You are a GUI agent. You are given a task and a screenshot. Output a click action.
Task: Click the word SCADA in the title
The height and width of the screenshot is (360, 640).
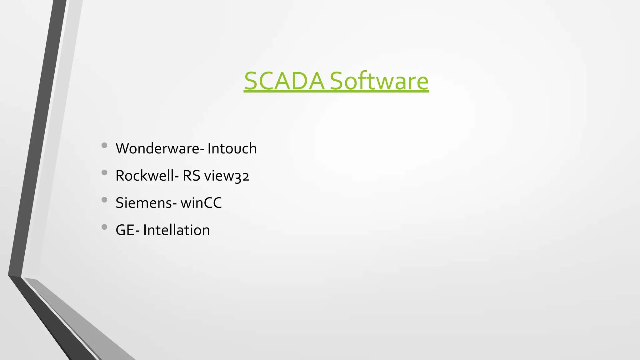pyautogui.click(x=284, y=81)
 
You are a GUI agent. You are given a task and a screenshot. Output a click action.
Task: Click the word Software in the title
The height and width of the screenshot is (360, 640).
pyautogui.click(x=379, y=81)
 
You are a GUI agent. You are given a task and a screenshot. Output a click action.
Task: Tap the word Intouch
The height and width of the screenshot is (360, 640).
pyautogui.click(x=232, y=148)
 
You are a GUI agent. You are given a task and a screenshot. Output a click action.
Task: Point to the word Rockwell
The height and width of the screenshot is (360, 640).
pyautogui.click(x=145, y=176)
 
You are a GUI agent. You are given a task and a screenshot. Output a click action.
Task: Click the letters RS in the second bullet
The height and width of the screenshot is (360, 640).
pyautogui.click(x=191, y=176)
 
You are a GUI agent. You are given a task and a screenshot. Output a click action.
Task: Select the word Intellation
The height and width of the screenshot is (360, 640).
pyautogui.click(x=177, y=230)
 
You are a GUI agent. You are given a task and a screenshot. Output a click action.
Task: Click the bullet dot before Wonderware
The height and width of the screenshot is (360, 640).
pyautogui.click(x=104, y=145)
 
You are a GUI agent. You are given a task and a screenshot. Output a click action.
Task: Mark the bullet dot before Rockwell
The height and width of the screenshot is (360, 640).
pyautogui.click(x=104, y=172)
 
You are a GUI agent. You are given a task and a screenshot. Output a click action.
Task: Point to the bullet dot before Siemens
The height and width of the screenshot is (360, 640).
pyautogui.click(x=104, y=200)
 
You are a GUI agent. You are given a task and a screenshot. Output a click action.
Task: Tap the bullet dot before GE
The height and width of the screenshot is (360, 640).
pyautogui.click(x=104, y=227)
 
